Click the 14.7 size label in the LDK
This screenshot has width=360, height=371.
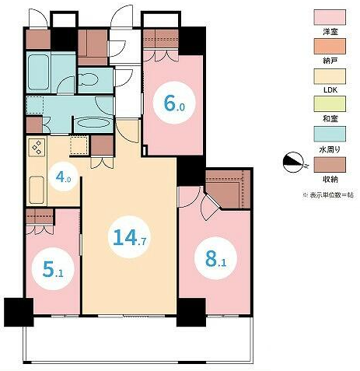coord(130,237)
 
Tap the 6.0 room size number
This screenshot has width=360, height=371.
coord(174,103)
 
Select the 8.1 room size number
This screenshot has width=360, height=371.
coord(215,259)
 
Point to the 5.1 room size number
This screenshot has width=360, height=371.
coord(53,269)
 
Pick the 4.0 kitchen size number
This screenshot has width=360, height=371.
coord(63,177)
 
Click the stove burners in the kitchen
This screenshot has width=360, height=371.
coord(37,147)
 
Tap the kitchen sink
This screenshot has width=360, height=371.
coord(37,190)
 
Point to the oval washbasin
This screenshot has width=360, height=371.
coord(93,123)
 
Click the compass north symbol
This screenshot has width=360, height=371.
coord(293,163)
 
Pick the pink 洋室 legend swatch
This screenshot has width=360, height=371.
coord(330,17)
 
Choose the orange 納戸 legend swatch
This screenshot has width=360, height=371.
coord(330,47)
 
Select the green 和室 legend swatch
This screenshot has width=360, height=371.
coord(330,104)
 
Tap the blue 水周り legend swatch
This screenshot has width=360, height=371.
coord(330,134)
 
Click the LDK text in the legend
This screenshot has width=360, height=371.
coord(330,90)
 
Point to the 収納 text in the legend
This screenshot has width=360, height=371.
coord(330,179)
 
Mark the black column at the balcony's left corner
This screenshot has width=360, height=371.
coord(19,312)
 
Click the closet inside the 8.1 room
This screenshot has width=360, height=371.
coord(228,189)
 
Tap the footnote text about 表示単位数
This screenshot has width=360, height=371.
coord(328,195)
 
